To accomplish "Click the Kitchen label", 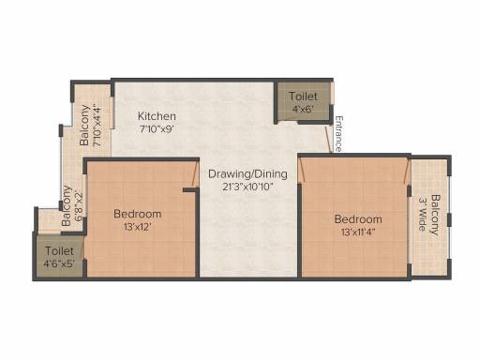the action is (x=157, y=116).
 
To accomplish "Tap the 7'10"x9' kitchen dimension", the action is (x=157, y=128).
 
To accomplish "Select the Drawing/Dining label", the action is (x=247, y=174).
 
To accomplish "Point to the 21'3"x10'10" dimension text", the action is (x=248, y=187).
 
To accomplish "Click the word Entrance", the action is (x=338, y=134).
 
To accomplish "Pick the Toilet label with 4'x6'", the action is (x=303, y=97).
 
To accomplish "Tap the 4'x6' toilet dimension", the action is (x=303, y=109).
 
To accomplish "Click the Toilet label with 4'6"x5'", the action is (x=59, y=251).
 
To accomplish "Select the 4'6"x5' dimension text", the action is (x=59, y=263).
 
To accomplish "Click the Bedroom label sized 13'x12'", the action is (x=138, y=214).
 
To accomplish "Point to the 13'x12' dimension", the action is (x=138, y=227).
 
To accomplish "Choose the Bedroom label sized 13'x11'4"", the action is (x=358, y=219).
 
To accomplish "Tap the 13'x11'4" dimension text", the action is (x=358, y=232).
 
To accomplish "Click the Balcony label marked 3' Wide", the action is (x=435, y=215).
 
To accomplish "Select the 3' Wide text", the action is (x=423, y=214).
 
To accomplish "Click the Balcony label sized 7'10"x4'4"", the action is (x=84, y=126).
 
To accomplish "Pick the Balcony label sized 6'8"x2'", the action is (x=66, y=206).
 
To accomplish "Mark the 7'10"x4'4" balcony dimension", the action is (x=97, y=127).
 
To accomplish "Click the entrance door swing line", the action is (x=328, y=139).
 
